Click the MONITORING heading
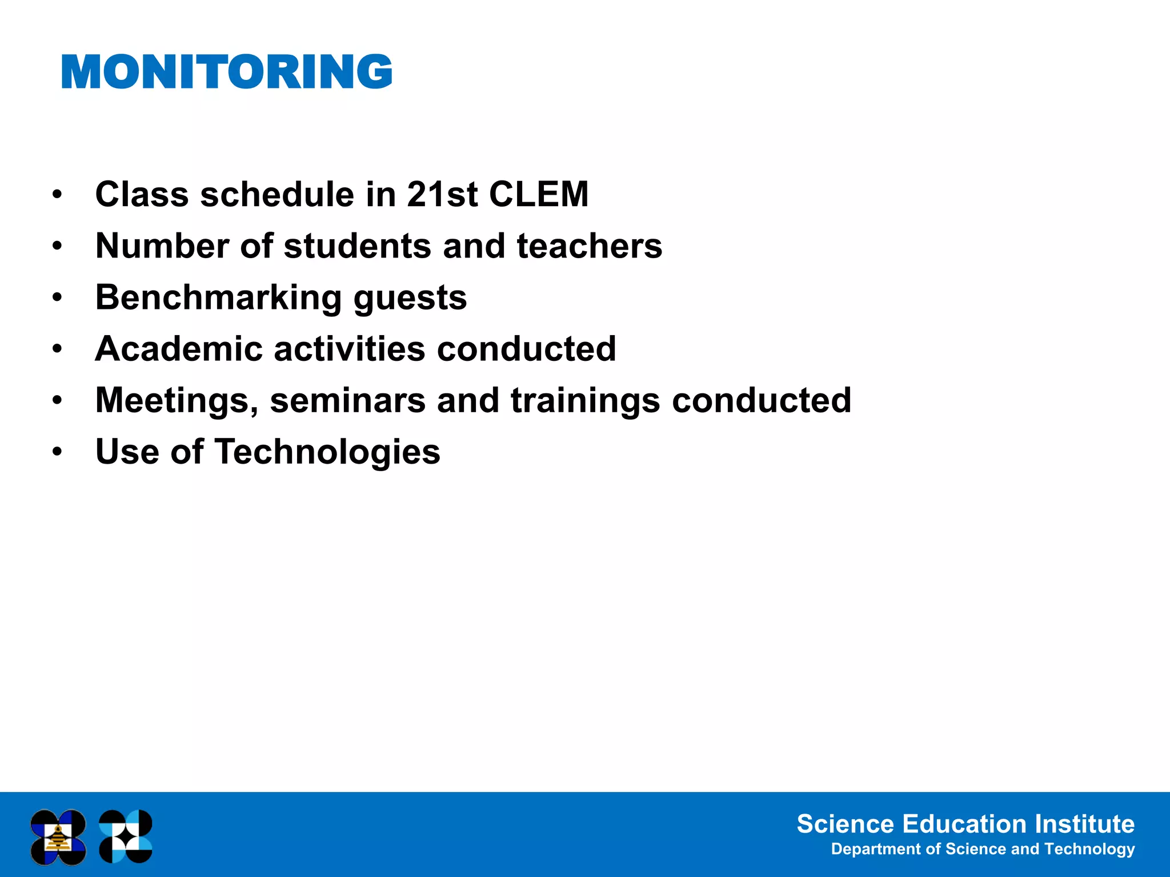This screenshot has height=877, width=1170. coord(226,72)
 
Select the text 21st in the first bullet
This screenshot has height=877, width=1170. coord(442,194)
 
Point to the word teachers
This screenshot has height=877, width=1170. coord(589,246)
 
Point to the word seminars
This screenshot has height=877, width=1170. coord(347,401)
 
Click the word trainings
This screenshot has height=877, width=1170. coord(586,401)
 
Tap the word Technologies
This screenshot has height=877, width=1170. coord(327,452)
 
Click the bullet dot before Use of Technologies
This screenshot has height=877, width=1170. coord(57,452)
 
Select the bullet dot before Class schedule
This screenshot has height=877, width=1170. coord(57,195)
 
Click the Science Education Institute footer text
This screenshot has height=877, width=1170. coord(965,824)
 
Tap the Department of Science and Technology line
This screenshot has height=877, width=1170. coord(982,849)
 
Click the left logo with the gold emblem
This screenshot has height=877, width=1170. coord(58,836)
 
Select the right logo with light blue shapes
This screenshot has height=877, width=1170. coord(126,836)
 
